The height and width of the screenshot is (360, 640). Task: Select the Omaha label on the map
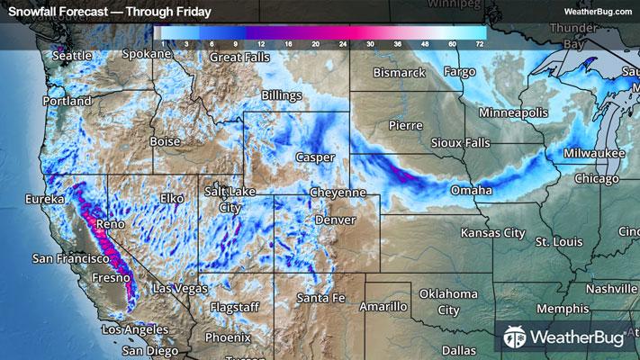[x=473, y=191]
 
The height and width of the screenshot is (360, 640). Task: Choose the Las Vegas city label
[x=180, y=289]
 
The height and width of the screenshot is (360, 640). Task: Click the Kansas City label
[x=492, y=233]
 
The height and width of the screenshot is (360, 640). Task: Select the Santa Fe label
[x=320, y=298]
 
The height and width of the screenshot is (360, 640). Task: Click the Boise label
[x=165, y=141]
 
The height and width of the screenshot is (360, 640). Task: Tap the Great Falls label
[x=240, y=57]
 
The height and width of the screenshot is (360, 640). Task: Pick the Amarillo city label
[x=384, y=307]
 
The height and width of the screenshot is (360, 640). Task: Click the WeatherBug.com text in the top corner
[x=598, y=12]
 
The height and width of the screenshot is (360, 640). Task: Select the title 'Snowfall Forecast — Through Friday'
[x=110, y=12]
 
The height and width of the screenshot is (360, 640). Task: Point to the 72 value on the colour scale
[x=481, y=43]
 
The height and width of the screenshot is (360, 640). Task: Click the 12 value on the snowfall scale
[x=262, y=43]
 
